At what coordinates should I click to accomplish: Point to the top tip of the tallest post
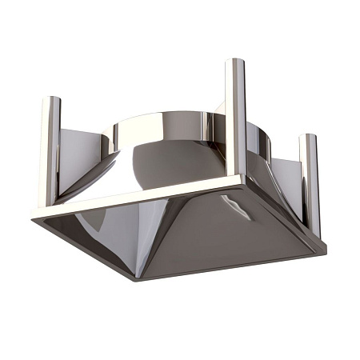tap(234, 61)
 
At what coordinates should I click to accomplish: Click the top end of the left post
tap(50, 99)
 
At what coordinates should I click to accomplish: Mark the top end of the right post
tap(309, 136)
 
